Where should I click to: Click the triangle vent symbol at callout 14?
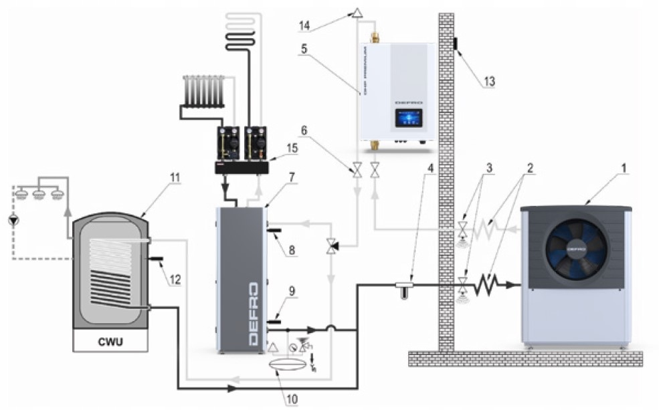pos(357,13)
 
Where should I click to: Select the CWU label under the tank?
pos(110,343)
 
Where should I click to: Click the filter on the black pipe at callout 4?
pos(403,288)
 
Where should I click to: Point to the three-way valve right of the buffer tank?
pos(332,245)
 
